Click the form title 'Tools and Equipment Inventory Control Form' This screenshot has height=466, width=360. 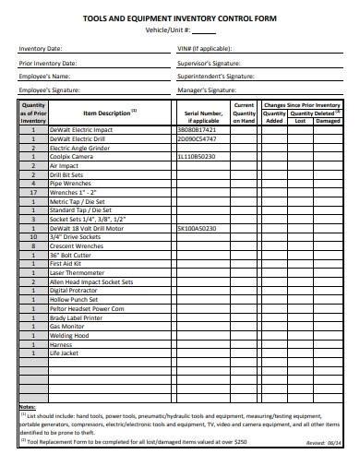180,18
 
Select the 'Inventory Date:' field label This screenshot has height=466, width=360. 41,48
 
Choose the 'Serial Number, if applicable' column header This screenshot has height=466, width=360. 203,116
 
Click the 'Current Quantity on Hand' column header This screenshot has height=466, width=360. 244,113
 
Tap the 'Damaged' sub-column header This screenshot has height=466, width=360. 328,120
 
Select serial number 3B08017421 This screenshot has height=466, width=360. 196,130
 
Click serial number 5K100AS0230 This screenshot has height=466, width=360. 197,227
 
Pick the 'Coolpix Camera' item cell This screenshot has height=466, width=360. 71,155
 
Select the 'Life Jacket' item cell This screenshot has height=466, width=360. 65,352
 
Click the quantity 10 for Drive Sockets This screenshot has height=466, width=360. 33,234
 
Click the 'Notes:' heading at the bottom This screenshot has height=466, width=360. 28,380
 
